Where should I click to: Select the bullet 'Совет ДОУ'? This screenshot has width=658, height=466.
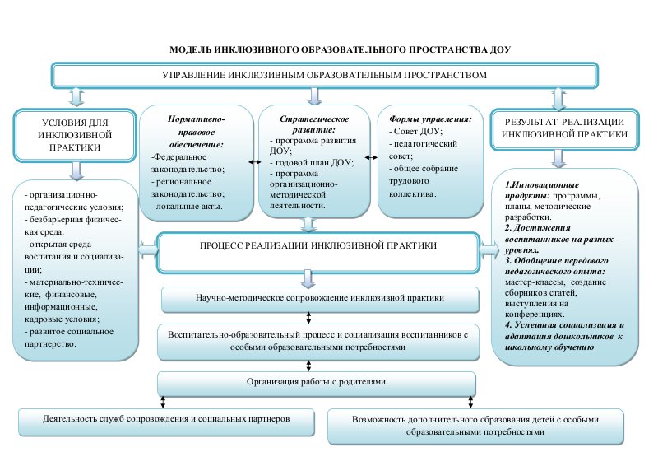click(x=420, y=132)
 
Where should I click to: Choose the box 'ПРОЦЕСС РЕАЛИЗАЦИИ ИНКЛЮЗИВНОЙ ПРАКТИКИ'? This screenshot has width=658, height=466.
click(x=317, y=246)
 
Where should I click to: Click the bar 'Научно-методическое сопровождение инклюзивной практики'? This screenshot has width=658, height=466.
click(x=320, y=298)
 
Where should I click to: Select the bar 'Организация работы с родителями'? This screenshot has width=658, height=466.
click(x=316, y=382)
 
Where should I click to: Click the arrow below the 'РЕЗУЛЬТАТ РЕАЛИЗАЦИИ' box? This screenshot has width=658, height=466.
click(x=559, y=158)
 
